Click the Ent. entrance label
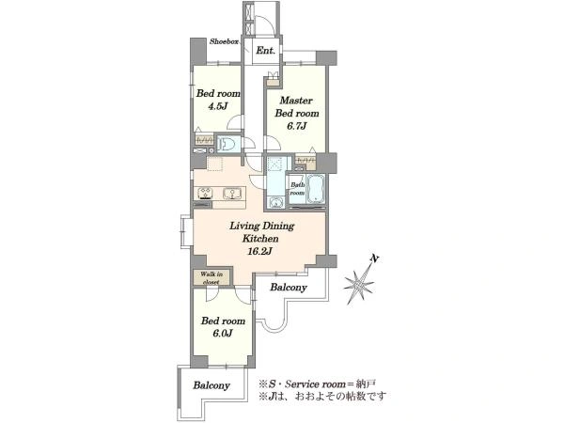(x=265, y=51)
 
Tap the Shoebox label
(x=224, y=41)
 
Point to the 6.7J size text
(x=296, y=126)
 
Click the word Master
(x=296, y=101)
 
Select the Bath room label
(x=297, y=189)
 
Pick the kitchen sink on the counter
(x=232, y=194)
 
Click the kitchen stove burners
(x=205, y=193)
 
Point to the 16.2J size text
(x=259, y=251)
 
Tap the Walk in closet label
(x=211, y=278)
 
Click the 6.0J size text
(x=222, y=334)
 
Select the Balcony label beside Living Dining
(x=289, y=288)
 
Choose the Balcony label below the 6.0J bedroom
(x=211, y=385)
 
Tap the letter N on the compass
(x=375, y=258)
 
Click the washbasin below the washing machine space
(x=275, y=203)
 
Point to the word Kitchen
(x=260, y=239)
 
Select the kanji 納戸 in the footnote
(x=367, y=384)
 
